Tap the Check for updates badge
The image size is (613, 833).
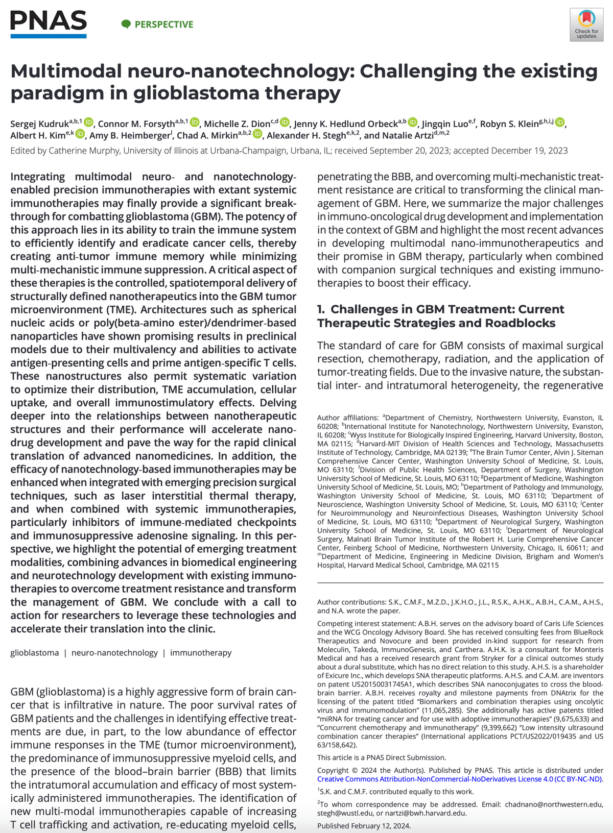click(586, 24)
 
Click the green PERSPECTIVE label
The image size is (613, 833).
click(158, 24)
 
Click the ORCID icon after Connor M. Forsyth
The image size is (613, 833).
click(195, 122)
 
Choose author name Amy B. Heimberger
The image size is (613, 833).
click(129, 136)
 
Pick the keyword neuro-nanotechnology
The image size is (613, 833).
click(114, 653)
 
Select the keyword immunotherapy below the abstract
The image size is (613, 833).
click(201, 653)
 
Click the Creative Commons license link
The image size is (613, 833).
click(460, 779)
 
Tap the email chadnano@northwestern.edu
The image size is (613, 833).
click(554, 804)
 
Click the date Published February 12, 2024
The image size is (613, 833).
click(364, 826)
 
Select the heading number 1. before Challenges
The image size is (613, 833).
click(321, 309)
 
